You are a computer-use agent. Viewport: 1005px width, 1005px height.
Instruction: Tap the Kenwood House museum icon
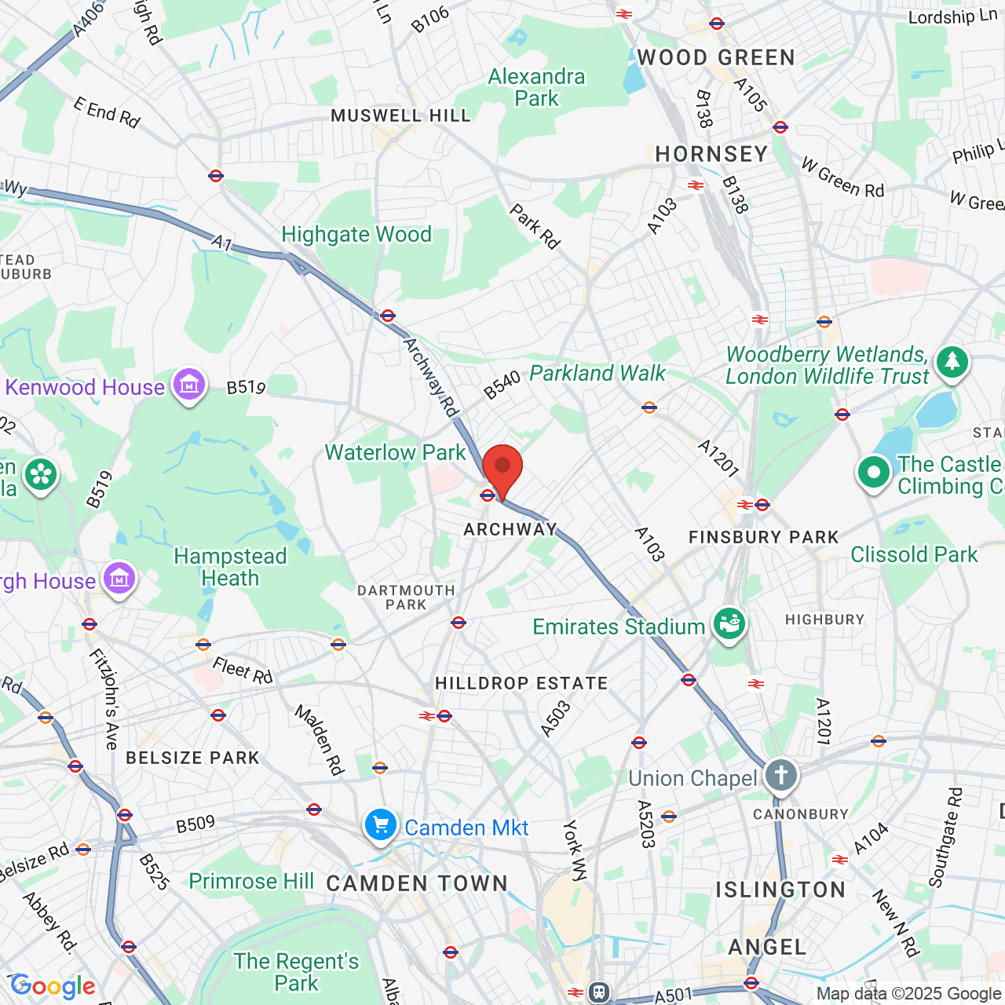coord(189,385)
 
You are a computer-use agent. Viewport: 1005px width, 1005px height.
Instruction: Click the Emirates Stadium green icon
coord(729,624)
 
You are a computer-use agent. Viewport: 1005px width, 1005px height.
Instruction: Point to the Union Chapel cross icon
coord(780,776)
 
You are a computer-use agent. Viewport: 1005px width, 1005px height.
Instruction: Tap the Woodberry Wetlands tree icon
coord(952,362)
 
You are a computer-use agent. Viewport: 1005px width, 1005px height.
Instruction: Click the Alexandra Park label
coord(537,87)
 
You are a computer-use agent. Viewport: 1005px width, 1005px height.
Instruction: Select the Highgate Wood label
coord(356,235)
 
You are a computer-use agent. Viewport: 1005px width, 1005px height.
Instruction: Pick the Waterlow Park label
coord(396,453)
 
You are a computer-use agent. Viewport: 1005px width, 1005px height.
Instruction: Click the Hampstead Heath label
coord(230,567)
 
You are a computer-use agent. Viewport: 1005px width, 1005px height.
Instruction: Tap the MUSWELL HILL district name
coord(400,116)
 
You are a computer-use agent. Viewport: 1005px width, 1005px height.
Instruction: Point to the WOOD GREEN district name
coord(716,58)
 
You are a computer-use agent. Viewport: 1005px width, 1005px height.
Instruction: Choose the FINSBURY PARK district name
coord(763,538)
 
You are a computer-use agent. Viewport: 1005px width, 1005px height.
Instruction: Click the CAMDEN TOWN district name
coord(417,884)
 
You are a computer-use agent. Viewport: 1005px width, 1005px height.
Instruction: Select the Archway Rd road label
coord(430,378)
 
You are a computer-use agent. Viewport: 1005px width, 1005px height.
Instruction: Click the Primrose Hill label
coord(251,882)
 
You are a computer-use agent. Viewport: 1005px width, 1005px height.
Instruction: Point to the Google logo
coord(53,986)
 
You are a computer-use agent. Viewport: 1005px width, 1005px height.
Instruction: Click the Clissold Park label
coord(914,555)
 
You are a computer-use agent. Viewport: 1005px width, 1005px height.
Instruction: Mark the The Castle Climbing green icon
coord(874,473)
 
